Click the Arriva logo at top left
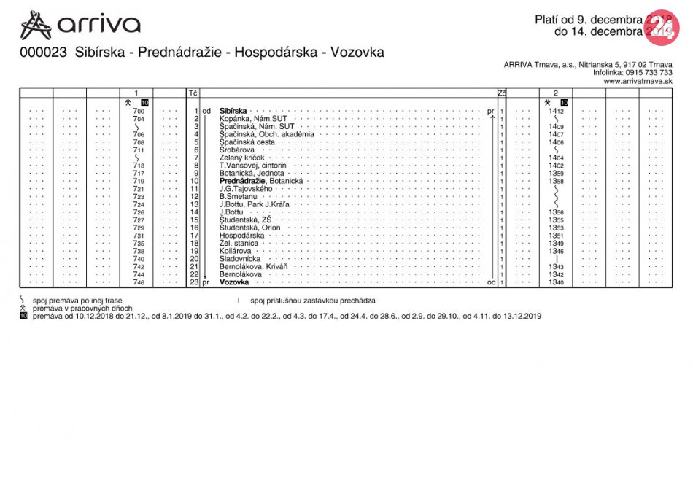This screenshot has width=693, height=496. click(x=80, y=25)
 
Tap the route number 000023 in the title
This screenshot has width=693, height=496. click(x=43, y=53)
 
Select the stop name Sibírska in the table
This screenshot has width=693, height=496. click(x=233, y=111)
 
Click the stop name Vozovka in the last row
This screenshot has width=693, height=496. click(x=234, y=282)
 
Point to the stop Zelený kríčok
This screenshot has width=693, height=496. click(x=241, y=158)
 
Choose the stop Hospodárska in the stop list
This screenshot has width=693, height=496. click(x=241, y=236)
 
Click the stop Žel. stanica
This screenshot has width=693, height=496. click(x=239, y=244)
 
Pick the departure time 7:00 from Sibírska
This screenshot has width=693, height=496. click(x=139, y=111)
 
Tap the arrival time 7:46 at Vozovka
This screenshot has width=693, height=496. click(x=139, y=282)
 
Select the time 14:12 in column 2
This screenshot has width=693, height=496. click(x=556, y=111)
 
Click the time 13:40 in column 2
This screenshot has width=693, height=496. click(x=556, y=282)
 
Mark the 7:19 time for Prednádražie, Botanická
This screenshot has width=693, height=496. click(x=139, y=181)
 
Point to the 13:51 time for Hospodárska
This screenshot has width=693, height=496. click(x=556, y=236)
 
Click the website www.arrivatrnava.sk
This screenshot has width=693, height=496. click(x=638, y=82)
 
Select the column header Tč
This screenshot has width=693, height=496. click(x=193, y=93)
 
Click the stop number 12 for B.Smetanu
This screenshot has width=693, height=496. click(x=195, y=197)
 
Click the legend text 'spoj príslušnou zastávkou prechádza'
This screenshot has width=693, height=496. click(x=313, y=301)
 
